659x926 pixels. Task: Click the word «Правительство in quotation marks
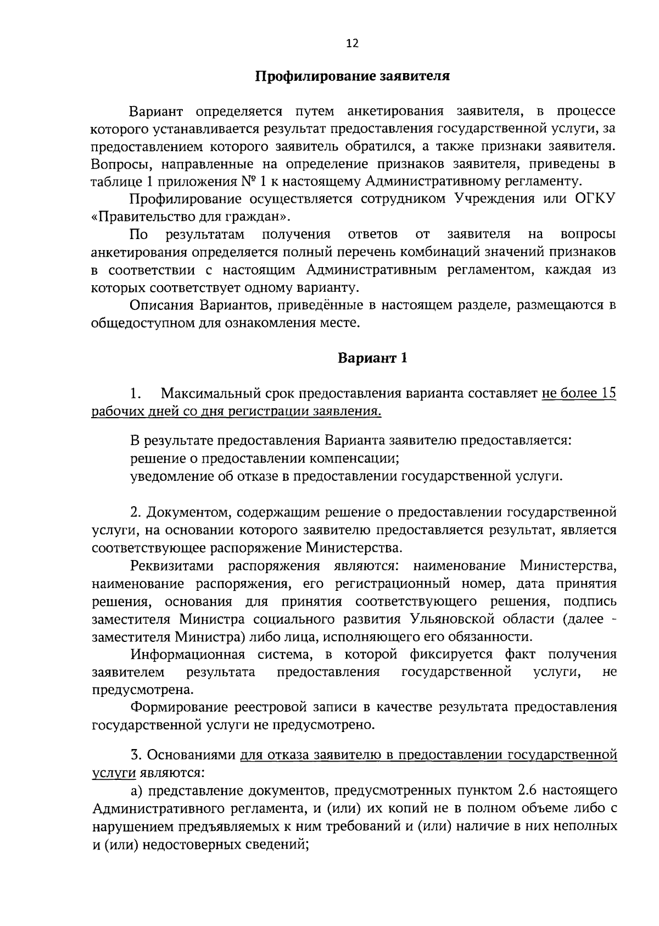coord(139,217)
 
